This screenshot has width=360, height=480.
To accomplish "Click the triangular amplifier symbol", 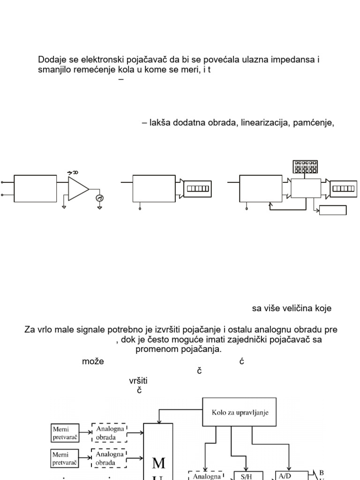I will click(78, 188).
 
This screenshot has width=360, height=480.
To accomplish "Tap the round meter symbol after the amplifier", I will click(99, 198).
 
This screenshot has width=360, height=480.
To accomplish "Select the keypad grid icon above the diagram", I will click(305, 166).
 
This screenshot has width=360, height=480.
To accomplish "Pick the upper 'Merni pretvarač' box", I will click(65, 433).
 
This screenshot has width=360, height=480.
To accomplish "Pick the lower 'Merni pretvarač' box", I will click(65, 458).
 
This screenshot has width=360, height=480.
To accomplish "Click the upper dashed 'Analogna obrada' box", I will click(109, 433).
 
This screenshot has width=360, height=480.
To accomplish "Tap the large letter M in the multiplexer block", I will click(158, 463).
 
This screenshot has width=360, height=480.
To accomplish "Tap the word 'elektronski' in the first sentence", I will click(90, 60).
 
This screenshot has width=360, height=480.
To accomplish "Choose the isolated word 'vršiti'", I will click(142, 381).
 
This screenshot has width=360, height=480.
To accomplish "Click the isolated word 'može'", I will click(93, 361).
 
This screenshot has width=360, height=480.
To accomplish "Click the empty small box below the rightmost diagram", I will click(333, 210).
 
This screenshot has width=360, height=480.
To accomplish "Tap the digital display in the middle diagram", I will click(197, 188).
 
